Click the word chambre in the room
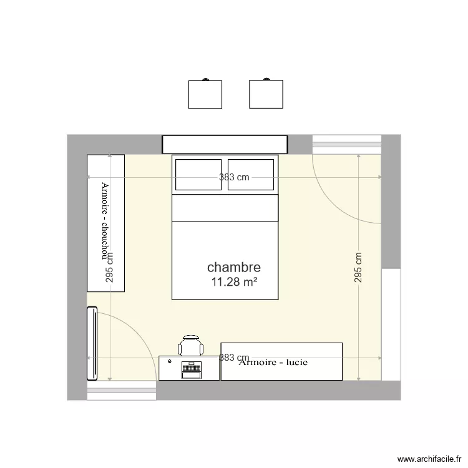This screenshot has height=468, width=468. [234, 268]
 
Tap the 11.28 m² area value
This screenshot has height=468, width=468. [235, 282]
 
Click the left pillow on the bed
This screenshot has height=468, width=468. [198, 175]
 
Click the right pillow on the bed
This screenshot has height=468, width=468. [251, 175]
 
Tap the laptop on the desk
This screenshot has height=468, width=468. [190, 369]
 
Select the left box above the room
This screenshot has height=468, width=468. [205, 94]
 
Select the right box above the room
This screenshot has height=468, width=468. [266, 94]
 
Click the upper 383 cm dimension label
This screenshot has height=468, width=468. [234, 177]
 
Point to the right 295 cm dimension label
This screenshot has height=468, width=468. [358, 267]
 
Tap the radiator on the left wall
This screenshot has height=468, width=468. [92, 343]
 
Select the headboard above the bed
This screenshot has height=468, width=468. [225, 144]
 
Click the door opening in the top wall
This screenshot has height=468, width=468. [346, 144]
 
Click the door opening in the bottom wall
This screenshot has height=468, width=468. [121, 392]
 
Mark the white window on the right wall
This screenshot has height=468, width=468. [391, 324]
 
